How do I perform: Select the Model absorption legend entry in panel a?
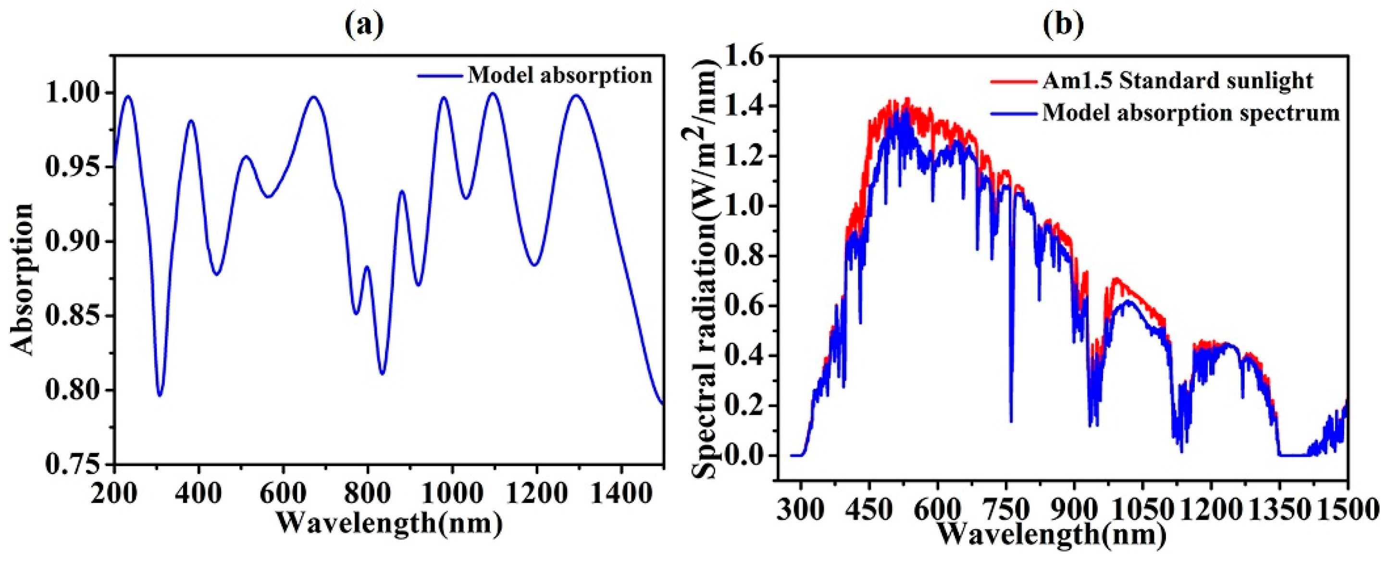559,75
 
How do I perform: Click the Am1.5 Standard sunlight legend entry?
1177,81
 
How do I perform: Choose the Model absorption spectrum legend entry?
1191,113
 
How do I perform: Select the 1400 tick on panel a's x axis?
621,492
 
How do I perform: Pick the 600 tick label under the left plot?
284,492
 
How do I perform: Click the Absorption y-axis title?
23,279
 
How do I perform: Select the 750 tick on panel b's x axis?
1006,508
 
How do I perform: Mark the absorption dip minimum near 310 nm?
160,396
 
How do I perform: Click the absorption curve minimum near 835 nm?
382,374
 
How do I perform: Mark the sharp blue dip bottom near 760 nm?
1011,422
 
